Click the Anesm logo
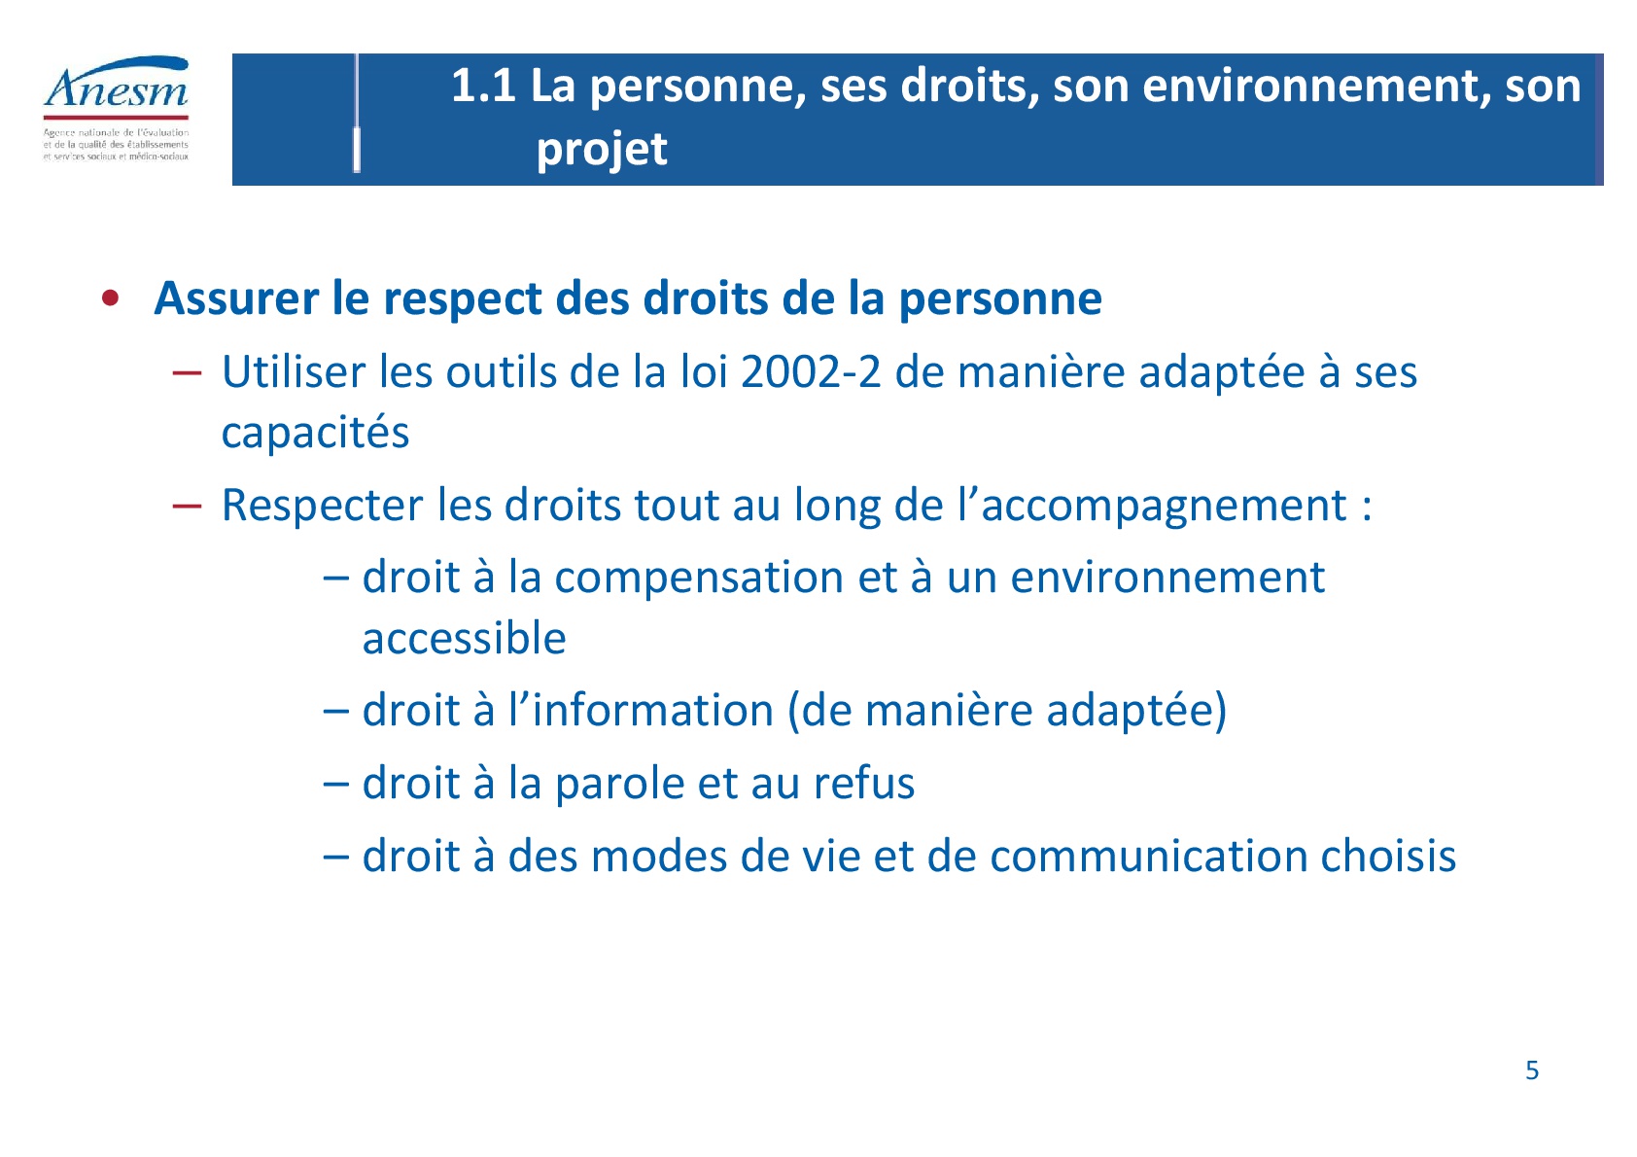pos(117,108)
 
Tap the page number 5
pos(1532,1070)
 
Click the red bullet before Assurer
pos(111,298)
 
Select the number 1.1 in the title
pos(483,86)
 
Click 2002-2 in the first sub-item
pos(811,372)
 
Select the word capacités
pos(315,433)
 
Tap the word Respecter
pos(323,506)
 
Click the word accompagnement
pos(1165,506)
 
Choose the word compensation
pos(699,578)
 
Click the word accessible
pos(464,638)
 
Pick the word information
pos(652,711)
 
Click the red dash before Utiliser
pos(187,373)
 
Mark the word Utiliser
pos(293,372)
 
